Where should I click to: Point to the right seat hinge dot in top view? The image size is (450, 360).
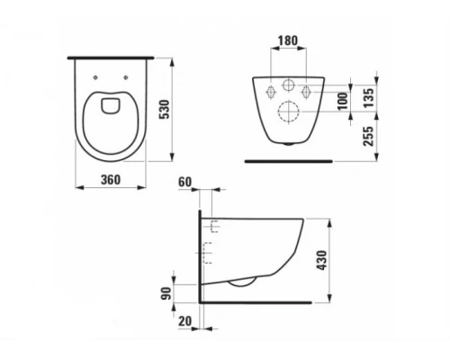tap(130, 65)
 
